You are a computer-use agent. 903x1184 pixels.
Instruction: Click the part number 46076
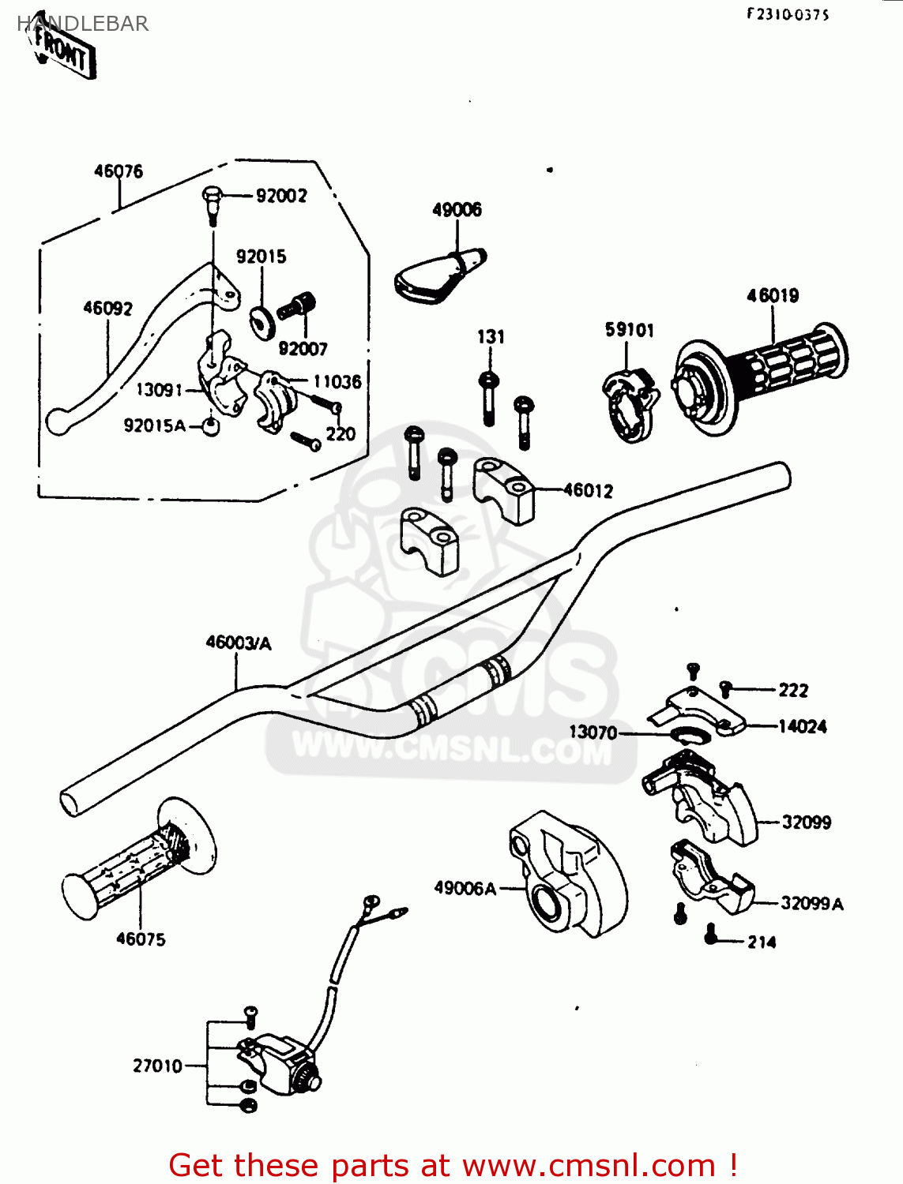click(x=119, y=171)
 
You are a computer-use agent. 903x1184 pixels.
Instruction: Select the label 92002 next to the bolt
click(x=281, y=196)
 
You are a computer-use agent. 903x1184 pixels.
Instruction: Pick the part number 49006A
click(x=465, y=889)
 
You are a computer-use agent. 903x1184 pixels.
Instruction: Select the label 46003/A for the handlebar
click(x=238, y=643)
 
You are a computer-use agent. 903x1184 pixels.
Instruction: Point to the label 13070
click(x=593, y=733)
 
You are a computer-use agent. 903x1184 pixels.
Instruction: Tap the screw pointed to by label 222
click(x=726, y=689)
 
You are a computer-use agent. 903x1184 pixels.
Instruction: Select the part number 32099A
click(x=811, y=904)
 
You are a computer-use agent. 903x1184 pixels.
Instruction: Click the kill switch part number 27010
click(x=157, y=1066)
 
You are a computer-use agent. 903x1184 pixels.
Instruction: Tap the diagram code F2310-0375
click(x=788, y=15)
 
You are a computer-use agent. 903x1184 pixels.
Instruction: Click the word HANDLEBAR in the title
click(x=82, y=24)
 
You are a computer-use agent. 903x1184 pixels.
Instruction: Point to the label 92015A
click(x=155, y=426)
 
